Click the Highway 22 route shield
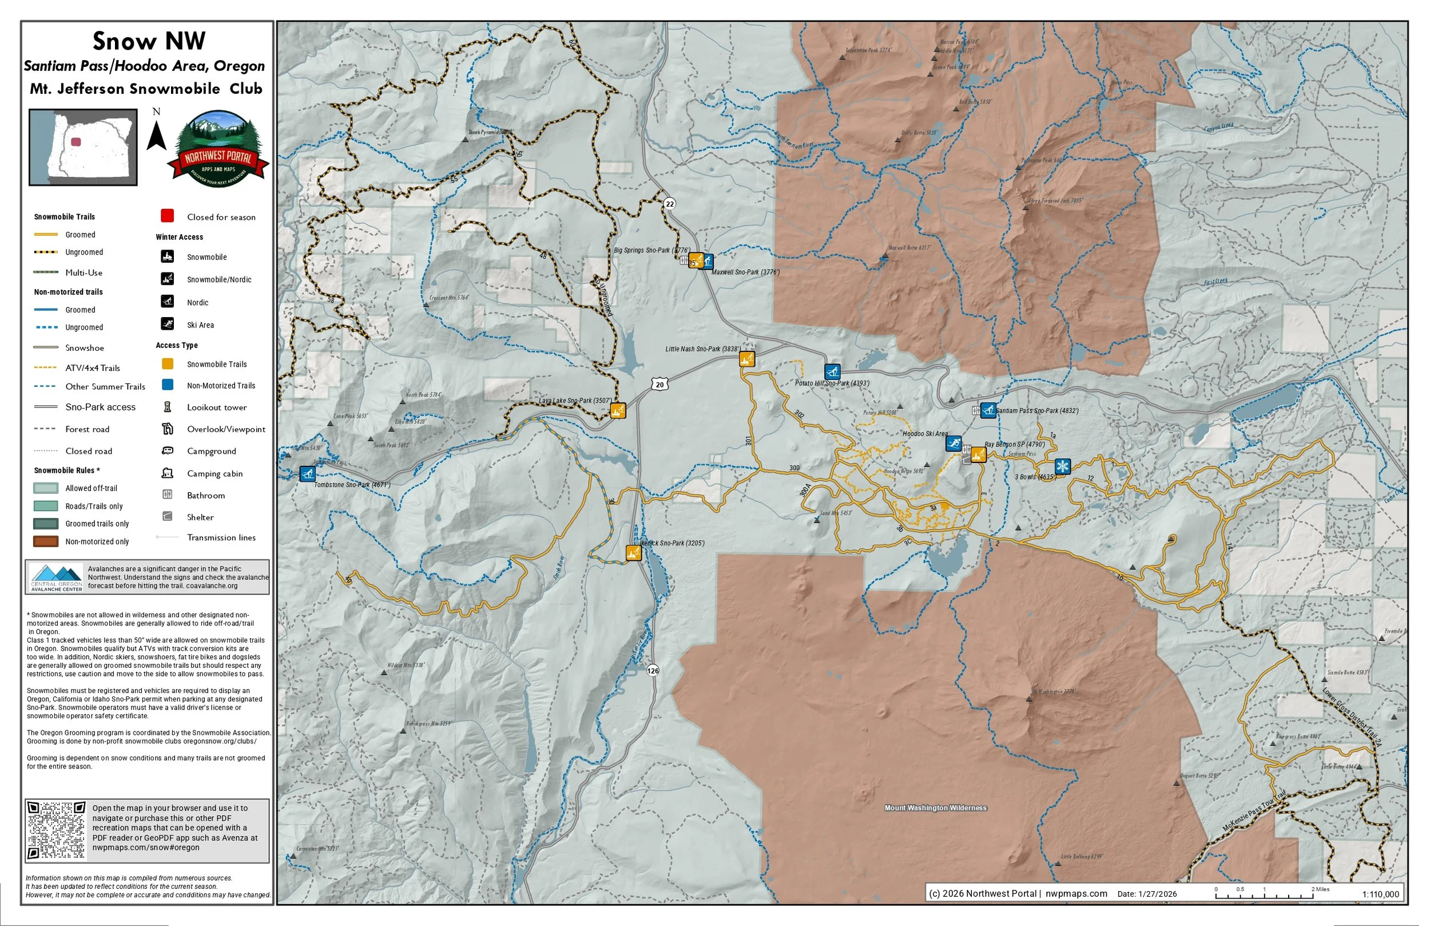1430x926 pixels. [x=669, y=204]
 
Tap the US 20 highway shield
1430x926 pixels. [x=660, y=385]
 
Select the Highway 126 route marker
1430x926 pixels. [x=653, y=670]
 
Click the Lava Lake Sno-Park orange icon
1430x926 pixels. [x=618, y=411]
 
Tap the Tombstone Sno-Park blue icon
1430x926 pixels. [x=307, y=474]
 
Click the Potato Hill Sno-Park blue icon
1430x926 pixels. [x=832, y=371]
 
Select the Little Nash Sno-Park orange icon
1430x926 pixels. [x=746, y=359]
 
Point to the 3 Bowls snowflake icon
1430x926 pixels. [x=1062, y=466]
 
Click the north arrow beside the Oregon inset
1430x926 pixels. [x=156, y=135]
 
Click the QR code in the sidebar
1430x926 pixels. [x=57, y=830]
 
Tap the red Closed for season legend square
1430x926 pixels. [x=167, y=216]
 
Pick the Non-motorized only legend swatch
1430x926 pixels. [x=46, y=542]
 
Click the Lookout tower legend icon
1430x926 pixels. [x=168, y=407]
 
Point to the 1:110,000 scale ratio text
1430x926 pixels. [x=1380, y=894]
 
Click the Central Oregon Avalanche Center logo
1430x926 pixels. [x=57, y=577]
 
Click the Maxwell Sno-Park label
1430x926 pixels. [x=745, y=272]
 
